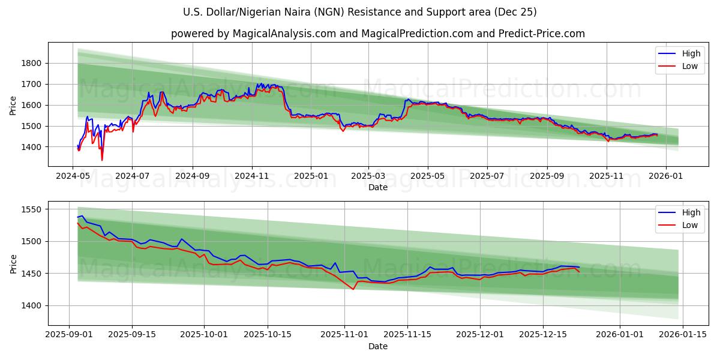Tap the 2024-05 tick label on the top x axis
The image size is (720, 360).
click(73, 176)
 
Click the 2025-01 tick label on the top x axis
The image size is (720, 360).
click(311, 176)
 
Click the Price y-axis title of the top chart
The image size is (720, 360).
click(13, 106)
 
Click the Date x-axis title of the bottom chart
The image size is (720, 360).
click(378, 346)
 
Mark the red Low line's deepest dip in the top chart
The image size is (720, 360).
click(102, 160)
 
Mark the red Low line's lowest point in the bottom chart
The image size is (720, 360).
click(353, 289)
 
